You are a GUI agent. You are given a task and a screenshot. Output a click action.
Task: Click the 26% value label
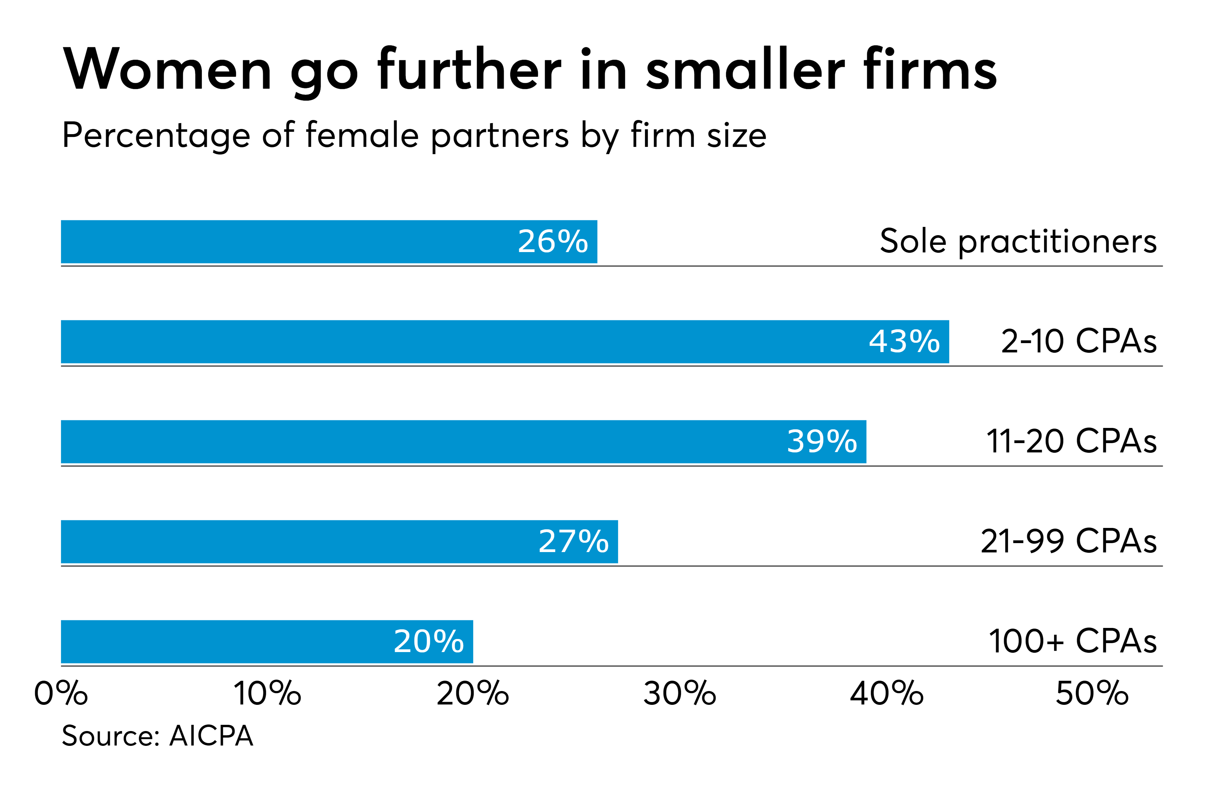point(553,241)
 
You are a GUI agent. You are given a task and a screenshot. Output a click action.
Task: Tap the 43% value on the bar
point(904,341)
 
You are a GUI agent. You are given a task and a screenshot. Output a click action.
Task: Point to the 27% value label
point(573,542)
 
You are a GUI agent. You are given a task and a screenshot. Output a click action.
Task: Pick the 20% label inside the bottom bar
point(428,642)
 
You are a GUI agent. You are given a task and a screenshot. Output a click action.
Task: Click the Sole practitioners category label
point(1018,241)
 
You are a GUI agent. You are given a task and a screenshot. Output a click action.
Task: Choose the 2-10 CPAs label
point(1079,341)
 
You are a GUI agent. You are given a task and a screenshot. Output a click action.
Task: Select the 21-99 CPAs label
point(1069,542)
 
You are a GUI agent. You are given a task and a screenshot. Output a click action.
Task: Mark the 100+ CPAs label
point(1073,642)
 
